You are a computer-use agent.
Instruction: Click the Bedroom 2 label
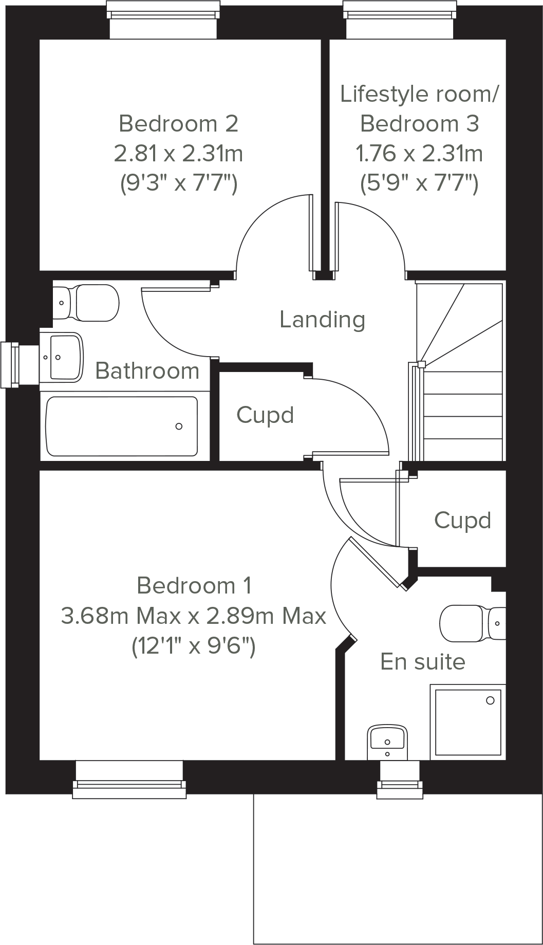[x=178, y=124]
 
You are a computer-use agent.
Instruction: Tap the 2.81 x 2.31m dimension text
[x=178, y=153]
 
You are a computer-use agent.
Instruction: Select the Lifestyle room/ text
[x=419, y=94]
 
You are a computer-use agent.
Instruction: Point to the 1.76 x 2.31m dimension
[x=419, y=153]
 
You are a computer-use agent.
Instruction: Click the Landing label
[x=322, y=320]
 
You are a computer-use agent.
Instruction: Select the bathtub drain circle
[x=179, y=426]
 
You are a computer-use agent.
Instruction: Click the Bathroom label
[x=147, y=371]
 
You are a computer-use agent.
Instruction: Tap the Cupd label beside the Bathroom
[x=265, y=415]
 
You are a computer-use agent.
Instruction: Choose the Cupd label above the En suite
[x=462, y=521]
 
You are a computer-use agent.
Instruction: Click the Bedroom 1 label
[x=194, y=586]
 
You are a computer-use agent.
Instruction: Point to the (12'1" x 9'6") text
[x=194, y=646]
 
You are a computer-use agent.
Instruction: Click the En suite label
[x=423, y=662]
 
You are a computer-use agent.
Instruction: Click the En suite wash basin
[x=388, y=742]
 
